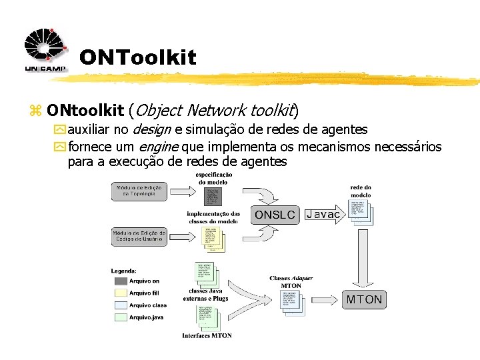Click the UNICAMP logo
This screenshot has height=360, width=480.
click(45, 51)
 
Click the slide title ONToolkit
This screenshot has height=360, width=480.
click(137, 58)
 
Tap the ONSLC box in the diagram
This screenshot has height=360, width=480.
click(275, 215)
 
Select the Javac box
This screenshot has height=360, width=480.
click(323, 214)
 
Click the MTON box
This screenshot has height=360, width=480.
click(364, 299)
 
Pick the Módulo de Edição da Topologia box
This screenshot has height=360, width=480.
click(139, 191)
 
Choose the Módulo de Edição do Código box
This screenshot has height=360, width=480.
click(139, 237)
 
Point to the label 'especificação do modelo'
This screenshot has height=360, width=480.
click(214, 178)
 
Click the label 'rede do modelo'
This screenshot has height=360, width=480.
click(361, 191)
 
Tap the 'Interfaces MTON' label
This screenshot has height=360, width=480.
click(207, 335)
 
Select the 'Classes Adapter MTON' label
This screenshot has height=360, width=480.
click(291, 282)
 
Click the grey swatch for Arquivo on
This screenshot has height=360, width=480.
click(119, 281)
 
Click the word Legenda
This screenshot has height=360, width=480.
click(124, 271)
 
